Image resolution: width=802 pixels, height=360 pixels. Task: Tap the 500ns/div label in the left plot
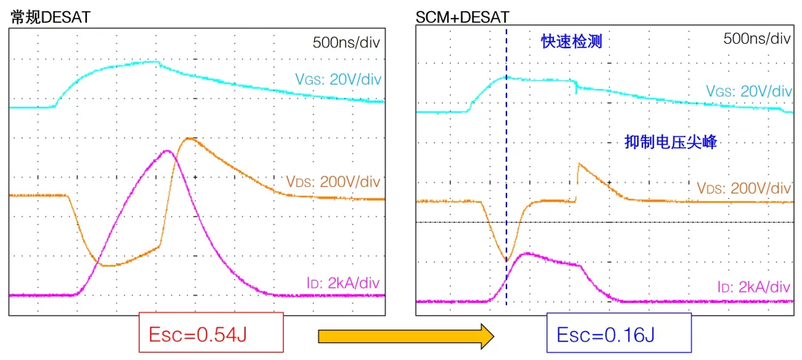(x=346, y=42)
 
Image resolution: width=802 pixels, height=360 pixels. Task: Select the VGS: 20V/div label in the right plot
(x=749, y=91)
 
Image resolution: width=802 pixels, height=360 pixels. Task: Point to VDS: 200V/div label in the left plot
(x=333, y=181)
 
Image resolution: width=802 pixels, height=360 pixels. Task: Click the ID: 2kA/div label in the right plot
(x=754, y=286)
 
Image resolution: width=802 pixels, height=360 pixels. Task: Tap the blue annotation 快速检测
(x=570, y=43)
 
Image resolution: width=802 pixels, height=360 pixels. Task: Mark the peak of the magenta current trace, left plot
(x=168, y=151)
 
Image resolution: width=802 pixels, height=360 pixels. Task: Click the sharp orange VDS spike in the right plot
(x=578, y=163)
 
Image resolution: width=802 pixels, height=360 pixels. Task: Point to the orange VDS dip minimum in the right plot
(x=506, y=261)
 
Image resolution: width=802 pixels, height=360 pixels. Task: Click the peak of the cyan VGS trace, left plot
(x=156, y=62)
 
